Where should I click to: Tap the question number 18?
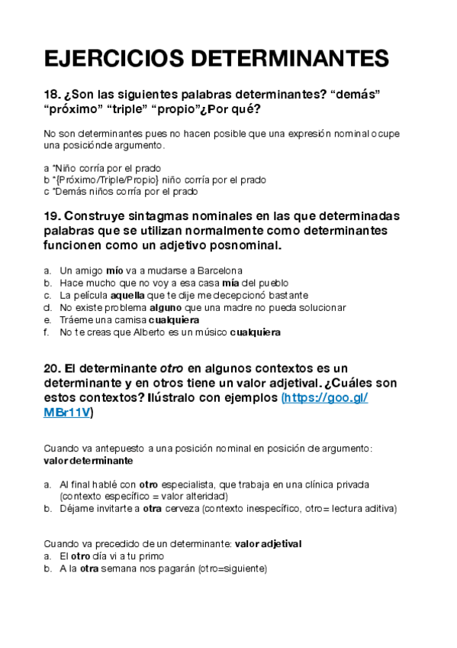53,94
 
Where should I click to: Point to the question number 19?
53,215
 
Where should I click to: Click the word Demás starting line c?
68,192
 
